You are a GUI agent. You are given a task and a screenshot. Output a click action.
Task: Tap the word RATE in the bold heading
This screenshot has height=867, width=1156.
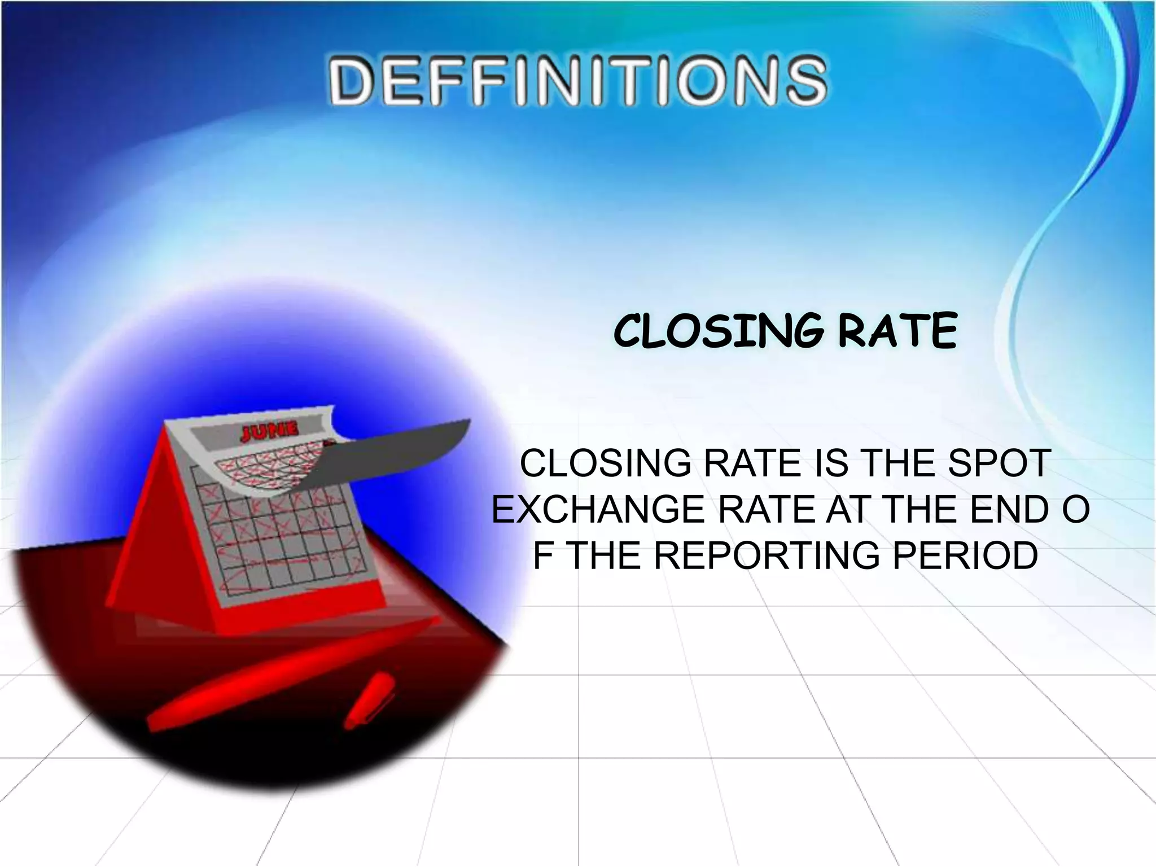click(897, 331)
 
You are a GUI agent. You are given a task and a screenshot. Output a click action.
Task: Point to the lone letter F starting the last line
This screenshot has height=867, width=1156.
click(542, 555)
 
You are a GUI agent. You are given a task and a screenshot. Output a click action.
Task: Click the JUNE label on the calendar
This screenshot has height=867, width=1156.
click(269, 433)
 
